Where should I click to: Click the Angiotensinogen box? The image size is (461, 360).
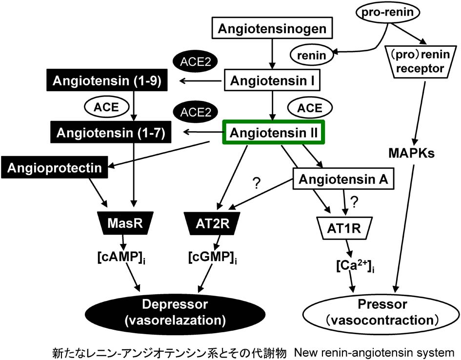tap(272, 29)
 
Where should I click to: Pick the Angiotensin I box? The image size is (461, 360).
tap(272, 80)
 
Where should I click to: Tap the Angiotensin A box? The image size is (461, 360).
tap(343, 180)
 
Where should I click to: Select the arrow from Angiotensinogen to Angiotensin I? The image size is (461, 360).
tap(272, 54)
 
